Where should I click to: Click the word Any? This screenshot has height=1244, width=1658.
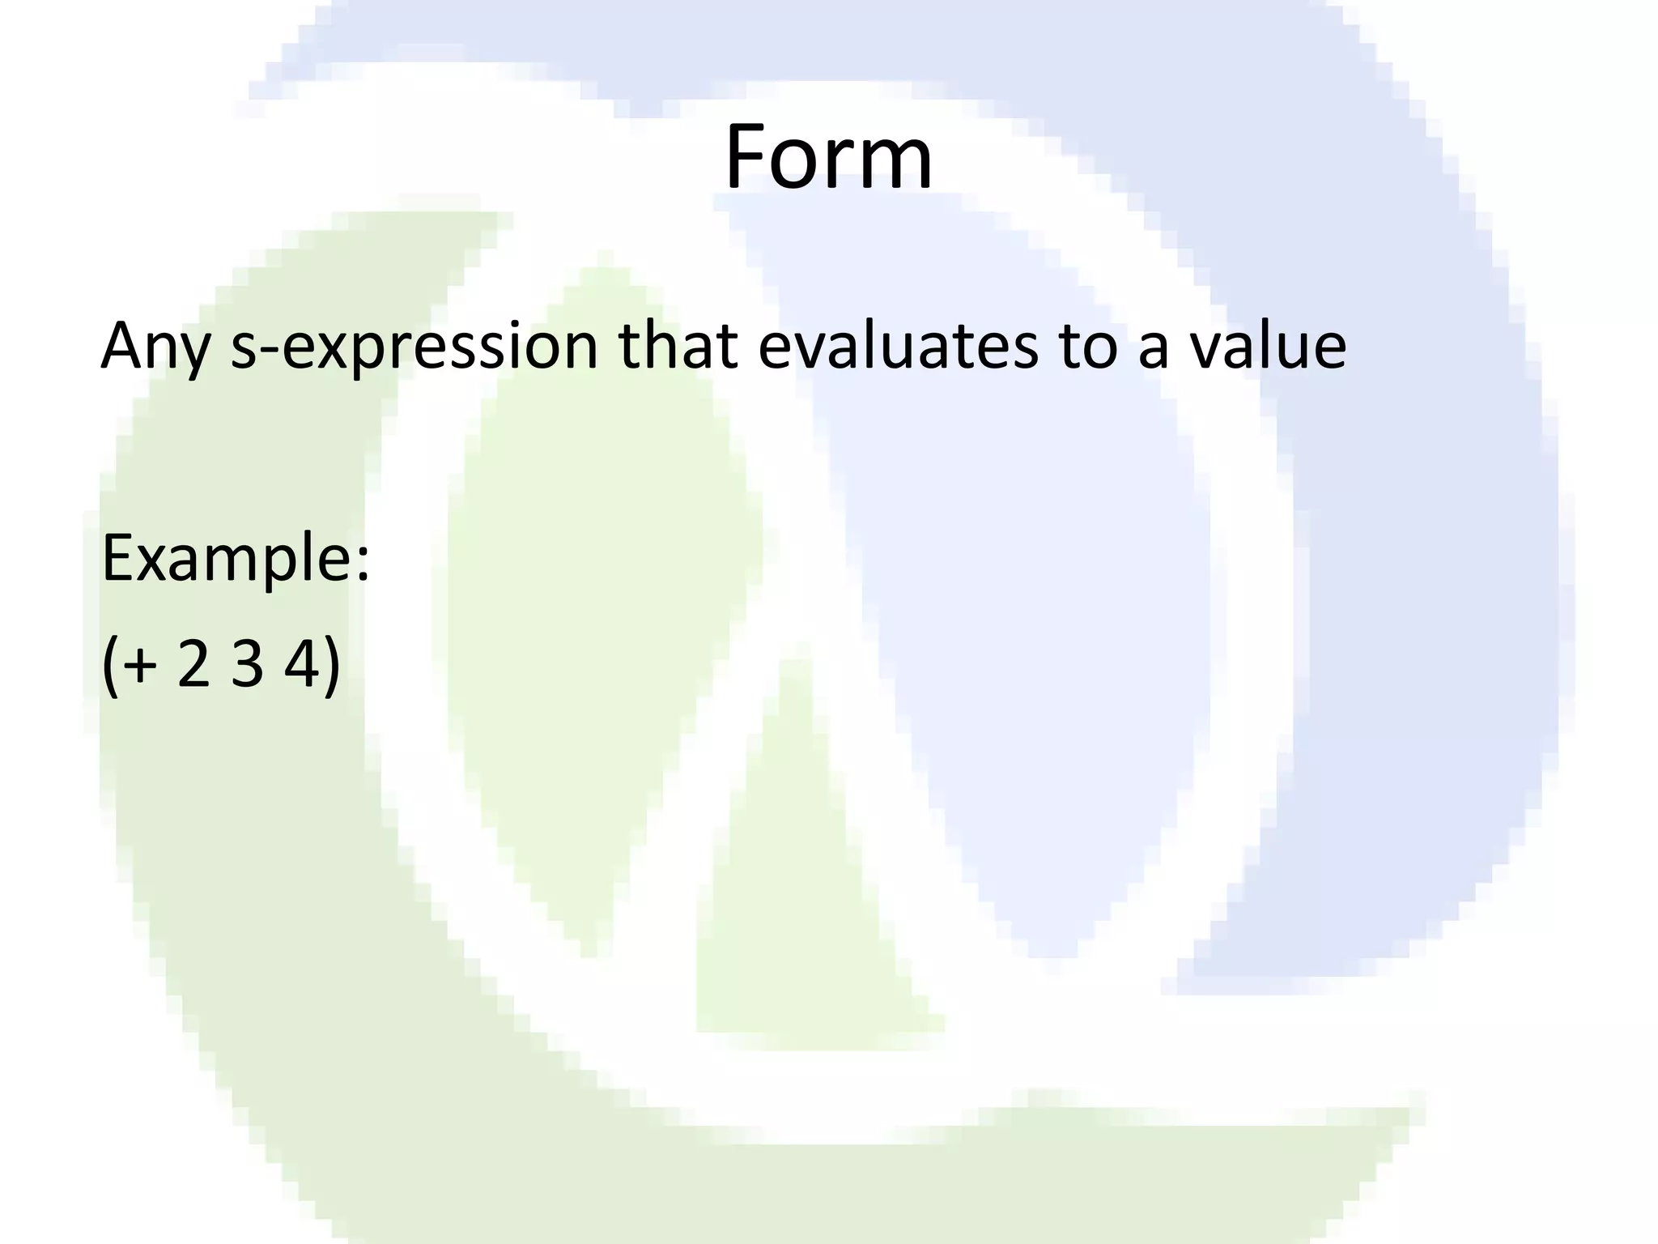pyautogui.click(x=155, y=347)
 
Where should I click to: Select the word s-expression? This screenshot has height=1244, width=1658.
pyautogui.click(x=414, y=347)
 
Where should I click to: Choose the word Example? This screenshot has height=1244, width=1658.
pyautogui.click(x=227, y=559)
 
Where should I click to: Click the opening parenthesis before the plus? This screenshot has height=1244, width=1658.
pyautogui.click(x=110, y=666)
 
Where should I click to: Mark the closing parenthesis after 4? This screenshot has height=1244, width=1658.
pyautogui.click(x=331, y=666)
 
